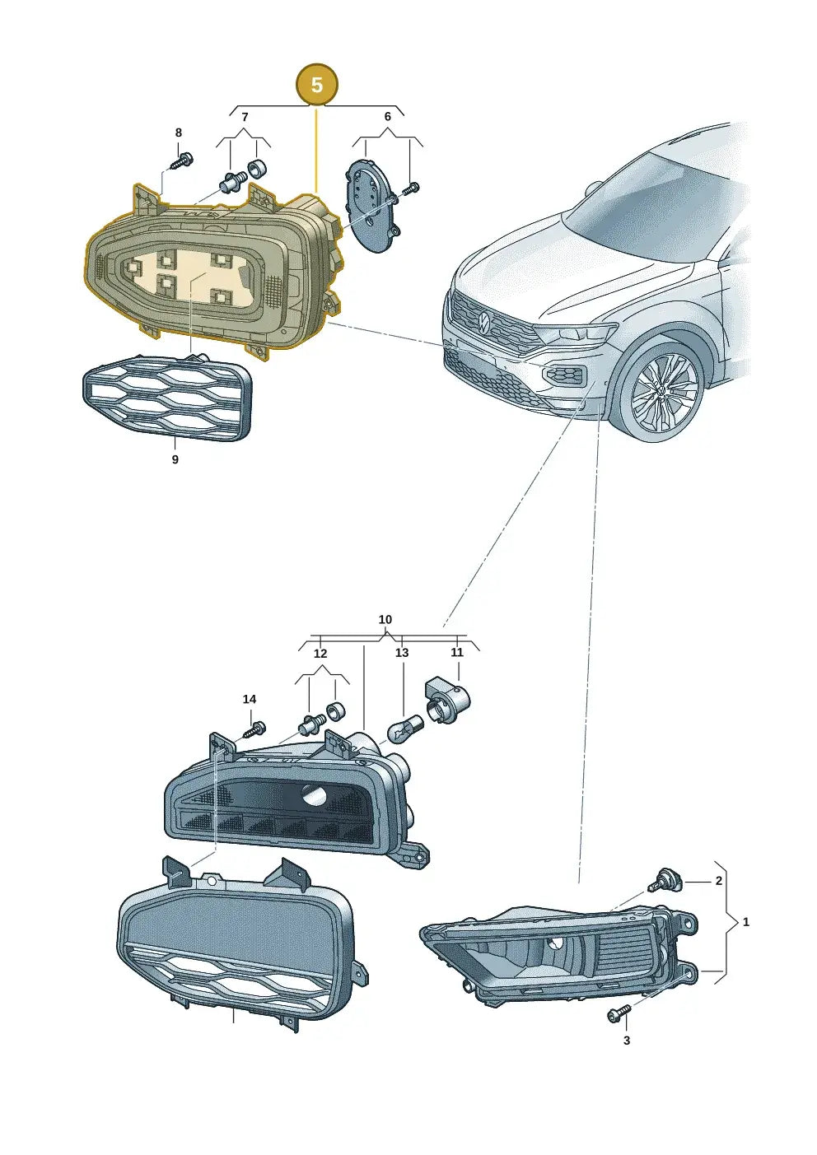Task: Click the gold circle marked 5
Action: [317, 85]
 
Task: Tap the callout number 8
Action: [179, 133]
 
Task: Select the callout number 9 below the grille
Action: [175, 459]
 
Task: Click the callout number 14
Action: [249, 699]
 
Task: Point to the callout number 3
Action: [627, 1041]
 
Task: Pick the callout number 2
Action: [718, 881]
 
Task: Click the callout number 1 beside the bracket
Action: [746, 922]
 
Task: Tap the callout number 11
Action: [457, 652]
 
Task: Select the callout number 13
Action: [402, 653]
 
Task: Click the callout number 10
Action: [385, 619]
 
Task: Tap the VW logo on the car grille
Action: [483, 321]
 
